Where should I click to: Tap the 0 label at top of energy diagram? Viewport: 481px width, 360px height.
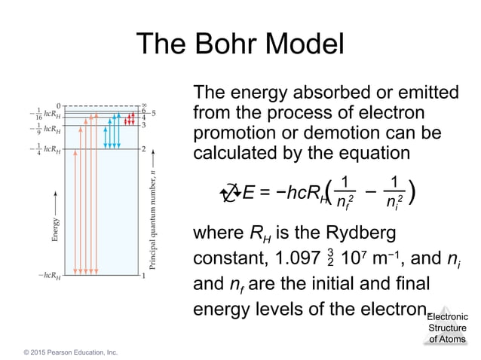coord(58,105)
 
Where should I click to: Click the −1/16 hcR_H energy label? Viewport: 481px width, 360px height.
coord(42,115)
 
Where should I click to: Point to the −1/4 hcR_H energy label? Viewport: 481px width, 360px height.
coord(42,149)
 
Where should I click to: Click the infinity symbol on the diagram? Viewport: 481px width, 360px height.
coord(143,105)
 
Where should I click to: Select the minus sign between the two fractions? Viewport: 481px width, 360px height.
coord(370,192)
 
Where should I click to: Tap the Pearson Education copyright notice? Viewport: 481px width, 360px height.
coord(69,352)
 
